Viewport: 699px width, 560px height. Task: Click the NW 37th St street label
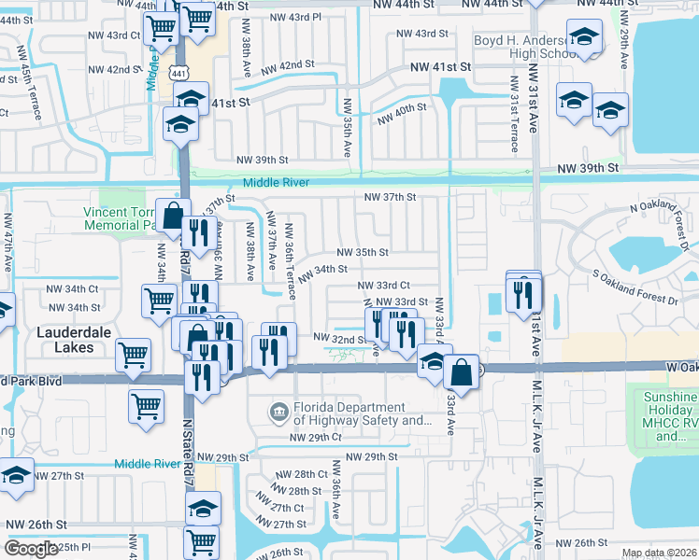pyautogui.click(x=389, y=197)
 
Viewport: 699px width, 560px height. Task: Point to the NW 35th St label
pyautogui.click(x=362, y=252)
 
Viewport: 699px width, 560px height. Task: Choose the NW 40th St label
pyautogui.click(x=402, y=114)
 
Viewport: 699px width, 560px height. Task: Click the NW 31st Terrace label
pyautogui.click(x=513, y=124)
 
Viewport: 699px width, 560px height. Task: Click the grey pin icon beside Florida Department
pyautogui.click(x=278, y=412)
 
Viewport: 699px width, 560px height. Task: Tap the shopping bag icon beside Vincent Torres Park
pyautogui.click(x=173, y=216)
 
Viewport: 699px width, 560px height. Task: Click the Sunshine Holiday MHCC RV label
pyautogui.click(x=671, y=416)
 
